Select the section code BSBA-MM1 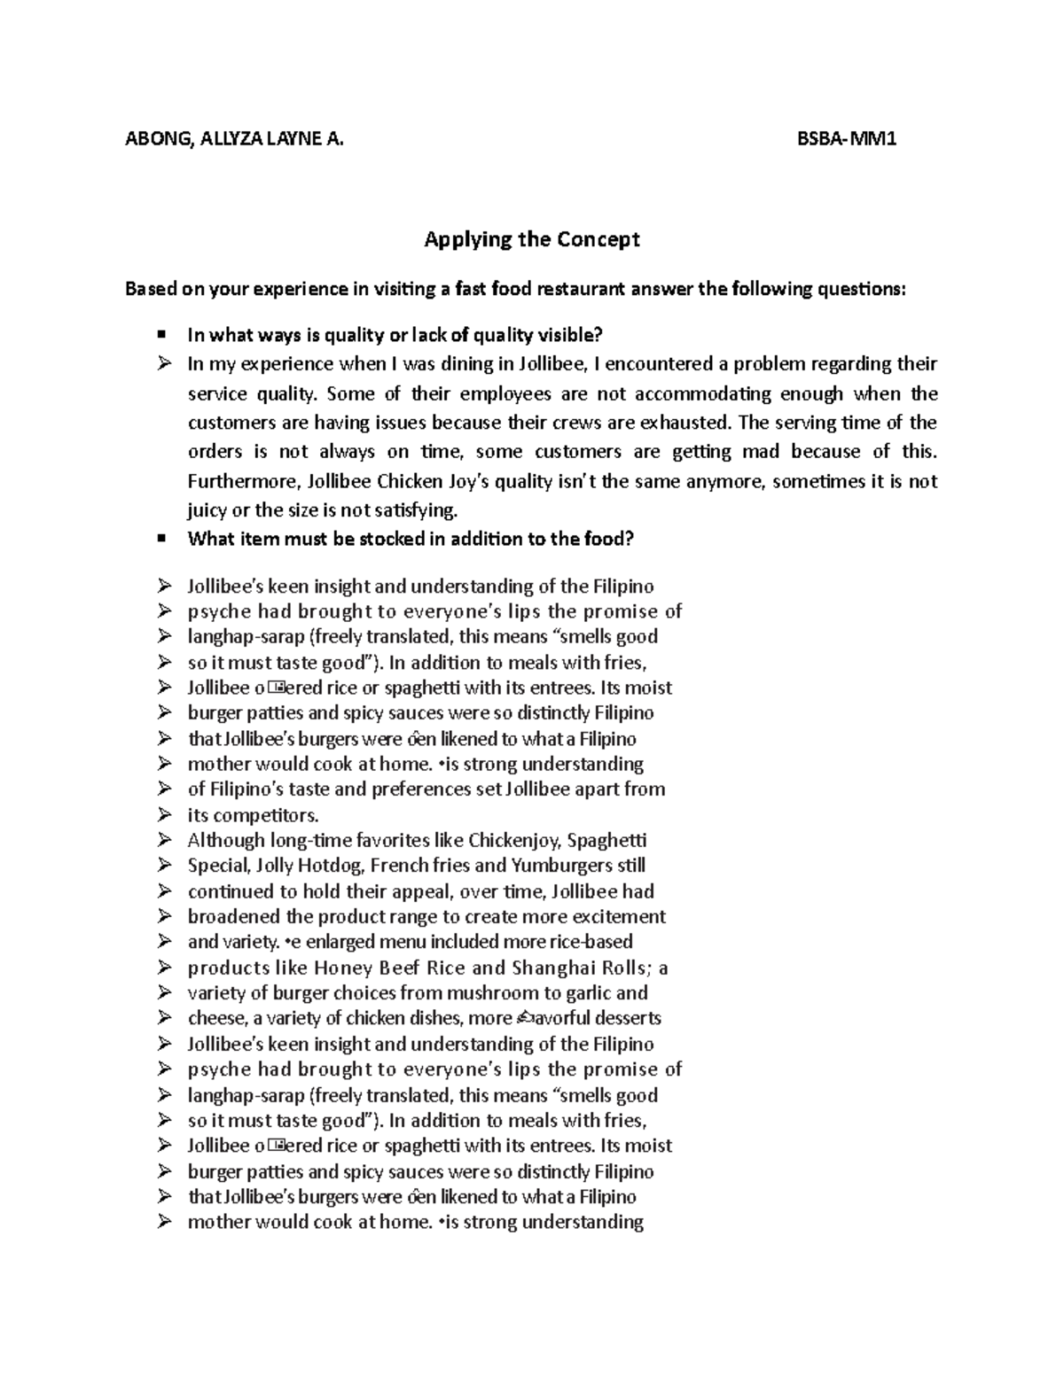coord(846,138)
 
